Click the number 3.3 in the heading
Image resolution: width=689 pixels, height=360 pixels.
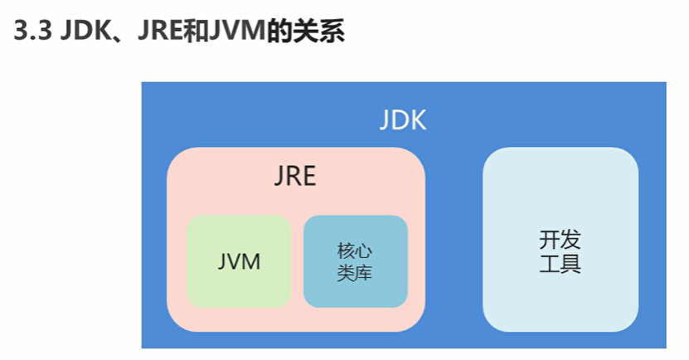[x=32, y=32]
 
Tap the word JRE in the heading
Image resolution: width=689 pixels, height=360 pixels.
[x=154, y=32]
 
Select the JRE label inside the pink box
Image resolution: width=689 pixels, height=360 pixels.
[x=295, y=177]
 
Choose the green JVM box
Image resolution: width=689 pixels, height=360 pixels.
[x=239, y=261]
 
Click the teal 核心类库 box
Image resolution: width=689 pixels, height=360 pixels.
[x=355, y=261]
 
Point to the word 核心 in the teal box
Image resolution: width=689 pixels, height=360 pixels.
[x=355, y=251]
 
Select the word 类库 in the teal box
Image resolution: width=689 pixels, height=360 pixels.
[x=355, y=273]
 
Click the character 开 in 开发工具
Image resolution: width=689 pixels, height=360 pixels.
[x=549, y=241]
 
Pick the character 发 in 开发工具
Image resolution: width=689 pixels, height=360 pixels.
[x=571, y=241]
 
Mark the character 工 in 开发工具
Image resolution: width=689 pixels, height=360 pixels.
[x=549, y=265]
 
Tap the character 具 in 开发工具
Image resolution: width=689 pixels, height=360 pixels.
[x=571, y=265]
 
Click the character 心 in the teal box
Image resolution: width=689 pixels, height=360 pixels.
[x=364, y=251]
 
